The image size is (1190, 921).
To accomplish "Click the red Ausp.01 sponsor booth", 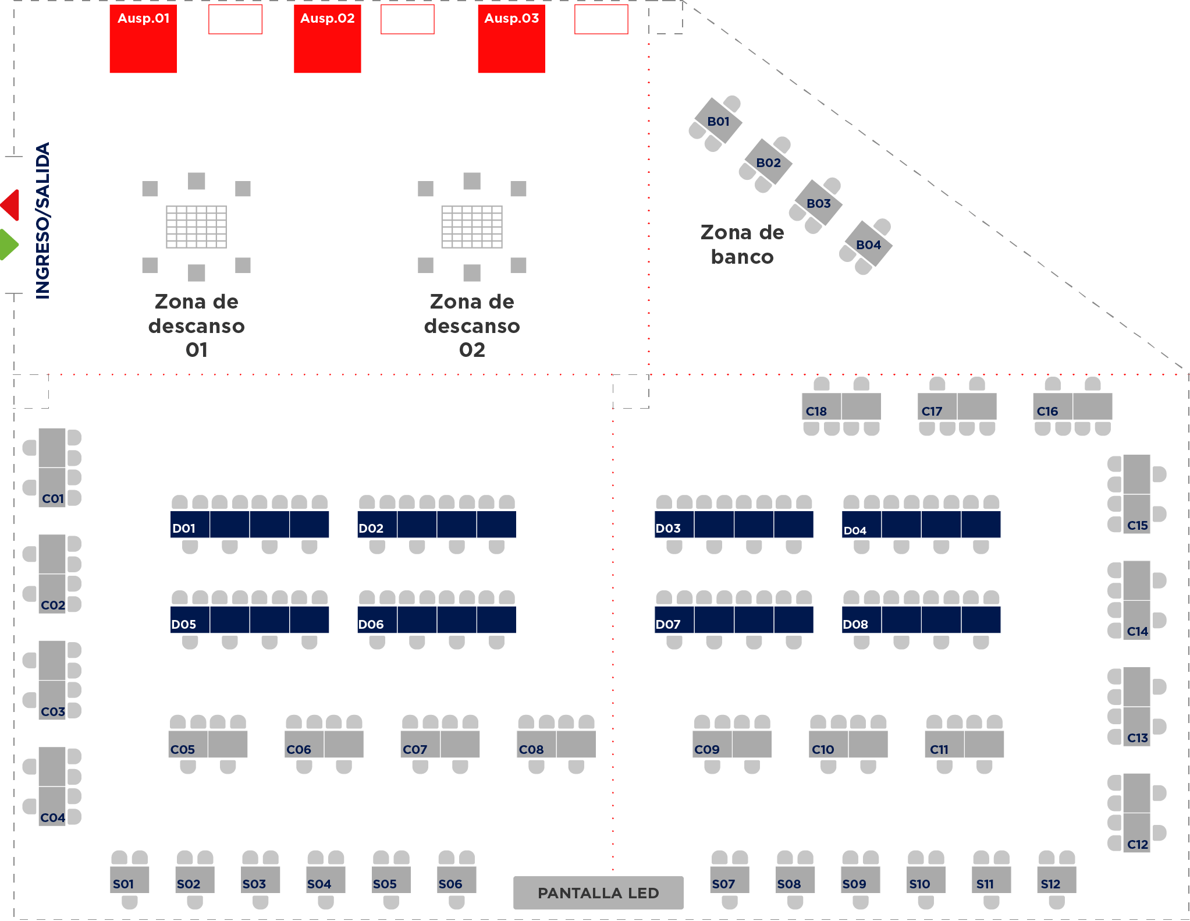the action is point(143,39).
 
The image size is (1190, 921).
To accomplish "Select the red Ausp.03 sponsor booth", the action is point(511,39).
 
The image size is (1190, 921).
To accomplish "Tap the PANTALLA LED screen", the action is point(598,892).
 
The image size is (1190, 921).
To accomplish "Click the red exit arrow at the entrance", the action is point(10,205).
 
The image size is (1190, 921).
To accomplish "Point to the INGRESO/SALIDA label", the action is point(43,221).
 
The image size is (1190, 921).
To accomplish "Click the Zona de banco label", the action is point(743,245).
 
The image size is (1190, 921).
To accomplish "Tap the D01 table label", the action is point(184,528).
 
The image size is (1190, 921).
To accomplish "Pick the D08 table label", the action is point(855,624).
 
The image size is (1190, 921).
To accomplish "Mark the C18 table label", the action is point(816,411).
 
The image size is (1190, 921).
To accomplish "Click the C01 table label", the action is point(53,498).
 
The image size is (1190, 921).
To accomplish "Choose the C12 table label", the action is point(1138,844).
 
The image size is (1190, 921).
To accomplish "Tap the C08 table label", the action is point(531,749).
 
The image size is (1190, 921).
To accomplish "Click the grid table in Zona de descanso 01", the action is point(197,226).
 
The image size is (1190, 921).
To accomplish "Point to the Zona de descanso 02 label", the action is point(472,325).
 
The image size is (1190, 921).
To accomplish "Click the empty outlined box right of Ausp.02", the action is point(407,19).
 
